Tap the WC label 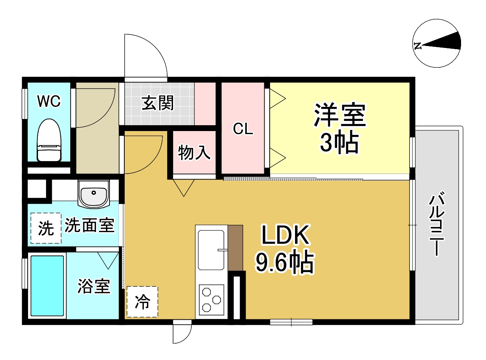pyautogui.click(x=49, y=101)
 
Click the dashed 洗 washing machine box pyautogui.click(x=46, y=229)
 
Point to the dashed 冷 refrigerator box pyautogui.click(x=142, y=301)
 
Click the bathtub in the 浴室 pyautogui.click(x=47, y=286)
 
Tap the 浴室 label pyautogui.click(x=94, y=287)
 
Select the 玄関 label pyautogui.click(x=157, y=104)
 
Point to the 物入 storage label pyautogui.click(x=194, y=153)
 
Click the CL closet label pyautogui.click(x=244, y=129)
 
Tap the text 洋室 pyautogui.click(x=340, y=115)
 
